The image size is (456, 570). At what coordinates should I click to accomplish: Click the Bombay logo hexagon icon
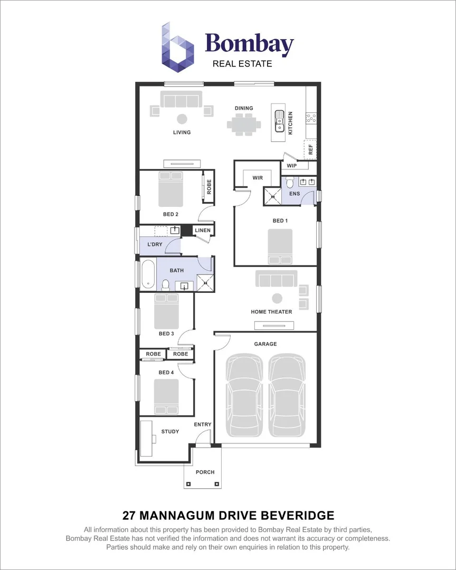click(177, 47)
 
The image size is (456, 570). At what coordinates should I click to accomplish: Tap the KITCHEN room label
click(290, 122)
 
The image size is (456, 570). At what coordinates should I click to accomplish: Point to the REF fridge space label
click(311, 149)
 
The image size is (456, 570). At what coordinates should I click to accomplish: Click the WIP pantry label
click(291, 166)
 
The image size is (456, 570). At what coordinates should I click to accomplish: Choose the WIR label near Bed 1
click(258, 178)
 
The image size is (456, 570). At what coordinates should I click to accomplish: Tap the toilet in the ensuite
click(290, 183)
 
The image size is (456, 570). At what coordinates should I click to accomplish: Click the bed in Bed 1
click(280, 246)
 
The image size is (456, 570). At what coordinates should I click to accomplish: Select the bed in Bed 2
click(171, 189)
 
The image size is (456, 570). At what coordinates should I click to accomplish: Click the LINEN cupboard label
click(203, 230)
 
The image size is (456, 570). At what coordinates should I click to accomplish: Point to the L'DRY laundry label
click(155, 244)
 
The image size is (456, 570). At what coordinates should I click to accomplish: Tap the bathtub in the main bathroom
click(148, 274)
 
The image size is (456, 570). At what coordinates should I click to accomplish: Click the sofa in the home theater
click(276, 278)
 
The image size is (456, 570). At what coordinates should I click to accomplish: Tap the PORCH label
click(205, 472)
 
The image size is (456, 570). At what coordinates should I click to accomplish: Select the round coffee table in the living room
click(182, 118)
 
